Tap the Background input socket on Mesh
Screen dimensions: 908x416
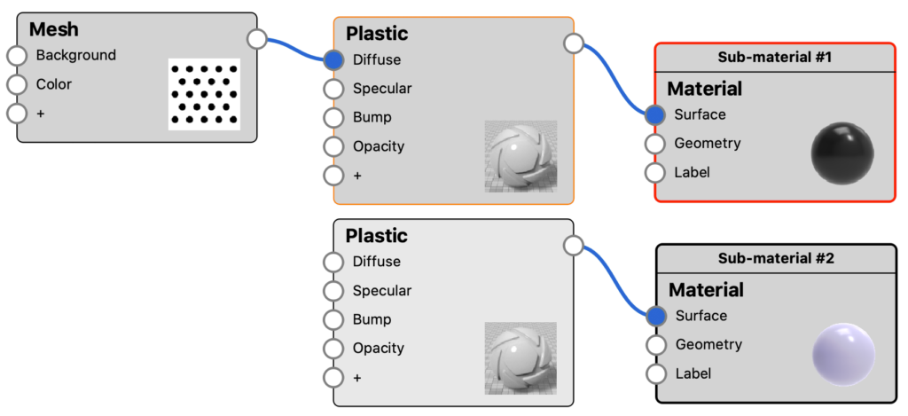point(17,56)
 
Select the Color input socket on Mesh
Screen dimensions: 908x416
point(17,84)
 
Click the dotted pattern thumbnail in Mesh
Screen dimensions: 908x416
point(205,94)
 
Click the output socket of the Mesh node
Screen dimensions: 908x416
point(257,39)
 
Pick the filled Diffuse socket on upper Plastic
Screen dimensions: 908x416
point(333,60)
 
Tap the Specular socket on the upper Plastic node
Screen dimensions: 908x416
point(333,90)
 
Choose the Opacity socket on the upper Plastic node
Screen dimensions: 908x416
point(333,146)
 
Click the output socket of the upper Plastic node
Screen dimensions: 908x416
point(574,43)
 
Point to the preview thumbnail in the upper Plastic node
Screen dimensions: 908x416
point(521,156)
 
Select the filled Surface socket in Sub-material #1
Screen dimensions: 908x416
point(655,114)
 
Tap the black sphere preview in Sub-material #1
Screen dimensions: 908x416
point(842,153)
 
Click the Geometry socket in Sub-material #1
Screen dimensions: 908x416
point(655,143)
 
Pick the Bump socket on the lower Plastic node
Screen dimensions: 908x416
point(333,320)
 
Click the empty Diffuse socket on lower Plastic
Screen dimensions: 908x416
point(333,262)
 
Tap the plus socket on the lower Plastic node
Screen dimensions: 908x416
point(333,378)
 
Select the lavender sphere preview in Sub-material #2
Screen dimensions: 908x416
point(844,355)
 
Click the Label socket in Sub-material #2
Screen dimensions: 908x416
point(656,373)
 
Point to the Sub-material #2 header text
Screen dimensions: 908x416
point(776,258)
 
